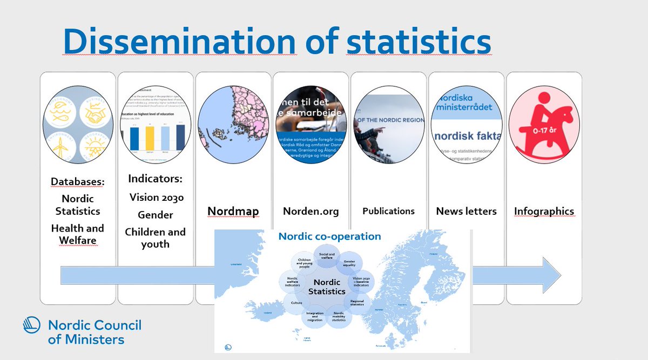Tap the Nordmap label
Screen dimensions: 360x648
[x=234, y=211]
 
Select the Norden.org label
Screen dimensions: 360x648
[x=311, y=211]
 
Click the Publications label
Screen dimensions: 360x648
[x=388, y=211]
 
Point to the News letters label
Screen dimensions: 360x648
[x=467, y=211]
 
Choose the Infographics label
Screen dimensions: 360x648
[x=544, y=212]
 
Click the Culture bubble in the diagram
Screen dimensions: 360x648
[x=296, y=303]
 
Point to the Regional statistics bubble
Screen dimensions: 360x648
[x=357, y=303]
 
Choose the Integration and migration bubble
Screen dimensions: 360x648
[x=315, y=317]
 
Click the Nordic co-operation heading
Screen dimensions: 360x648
[x=329, y=236]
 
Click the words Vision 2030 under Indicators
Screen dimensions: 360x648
[x=156, y=198]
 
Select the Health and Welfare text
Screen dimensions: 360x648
[x=77, y=234]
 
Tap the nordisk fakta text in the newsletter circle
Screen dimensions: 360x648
[x=468, y=137]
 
